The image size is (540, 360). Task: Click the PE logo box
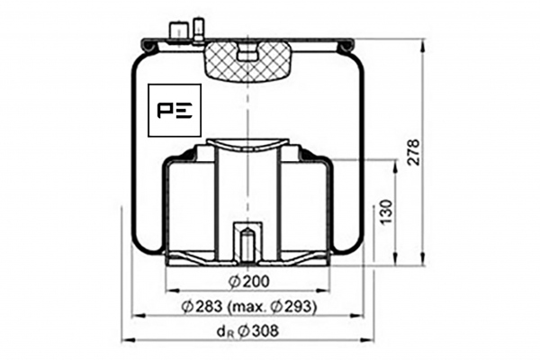(x=175, y=110)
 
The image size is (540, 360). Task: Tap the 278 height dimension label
(x=413, y=152)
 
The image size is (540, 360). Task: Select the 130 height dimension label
(x=387, y=211)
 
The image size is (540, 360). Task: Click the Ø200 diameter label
(x=248, y=282)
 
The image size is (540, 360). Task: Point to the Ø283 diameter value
(x=202, y=306)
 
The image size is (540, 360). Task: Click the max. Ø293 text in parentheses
(x=272, y=306)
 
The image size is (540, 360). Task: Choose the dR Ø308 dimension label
(x=247, y=332)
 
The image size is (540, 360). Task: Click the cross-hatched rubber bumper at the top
(x=248, y=60)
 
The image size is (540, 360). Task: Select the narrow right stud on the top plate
(x=198, y=31)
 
